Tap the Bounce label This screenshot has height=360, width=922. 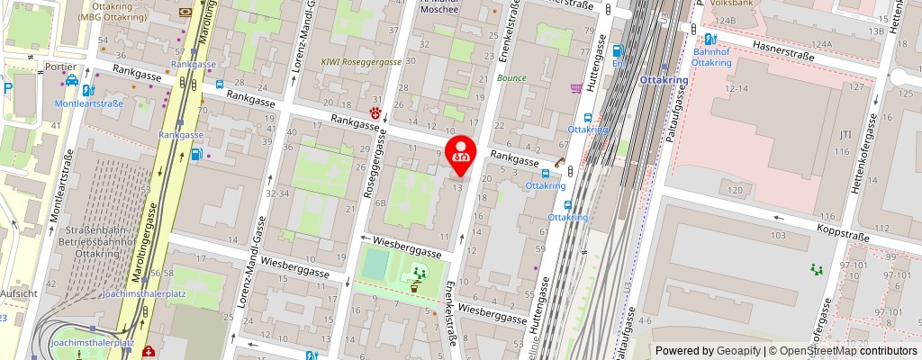click(511, 78)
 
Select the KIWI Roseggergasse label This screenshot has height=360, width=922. click(361, 62)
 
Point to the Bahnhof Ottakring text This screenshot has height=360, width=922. click(711, 57)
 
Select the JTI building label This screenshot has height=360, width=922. click(845, 135)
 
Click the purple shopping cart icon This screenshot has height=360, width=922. click(575, 88)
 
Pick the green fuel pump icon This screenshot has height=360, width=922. click(196, 154)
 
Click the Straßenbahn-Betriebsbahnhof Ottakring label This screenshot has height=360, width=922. click(94, 240)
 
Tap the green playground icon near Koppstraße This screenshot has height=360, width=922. click(818, 269)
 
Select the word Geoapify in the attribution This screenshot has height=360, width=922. click(737, 351)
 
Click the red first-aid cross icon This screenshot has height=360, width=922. click(147, 352)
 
